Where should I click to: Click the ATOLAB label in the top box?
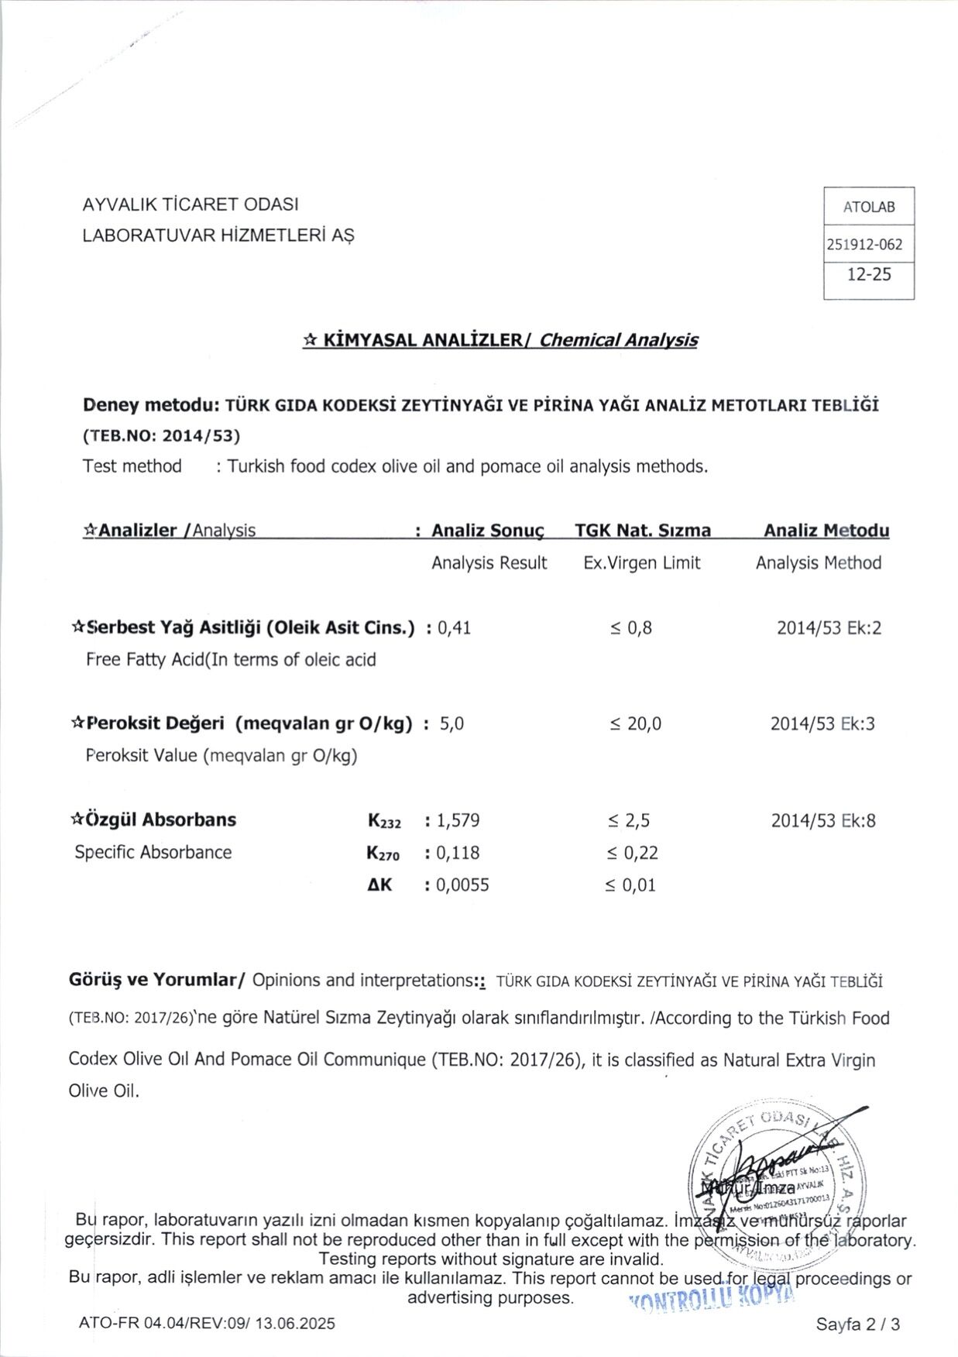click(868, 207)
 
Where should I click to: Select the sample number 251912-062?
click(864, 245)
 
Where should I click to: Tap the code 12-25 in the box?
click(869, 273)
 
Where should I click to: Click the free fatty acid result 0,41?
click(454, 627)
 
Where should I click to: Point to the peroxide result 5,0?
click(452, 724)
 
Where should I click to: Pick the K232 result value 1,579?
click(458, 820)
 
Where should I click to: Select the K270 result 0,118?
click(458, 853)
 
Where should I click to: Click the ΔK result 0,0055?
click(462, 885)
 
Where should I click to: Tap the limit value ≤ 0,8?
click(630, 627)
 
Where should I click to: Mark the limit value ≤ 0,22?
click(632, 853)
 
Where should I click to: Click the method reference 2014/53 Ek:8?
click(822, 820)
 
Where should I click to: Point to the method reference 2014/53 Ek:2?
click(829, 627)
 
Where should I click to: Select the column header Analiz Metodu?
click(826, 531)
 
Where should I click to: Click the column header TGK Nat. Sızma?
click(643, 531)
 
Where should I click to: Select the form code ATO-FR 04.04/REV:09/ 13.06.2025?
click(207, 1323)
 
